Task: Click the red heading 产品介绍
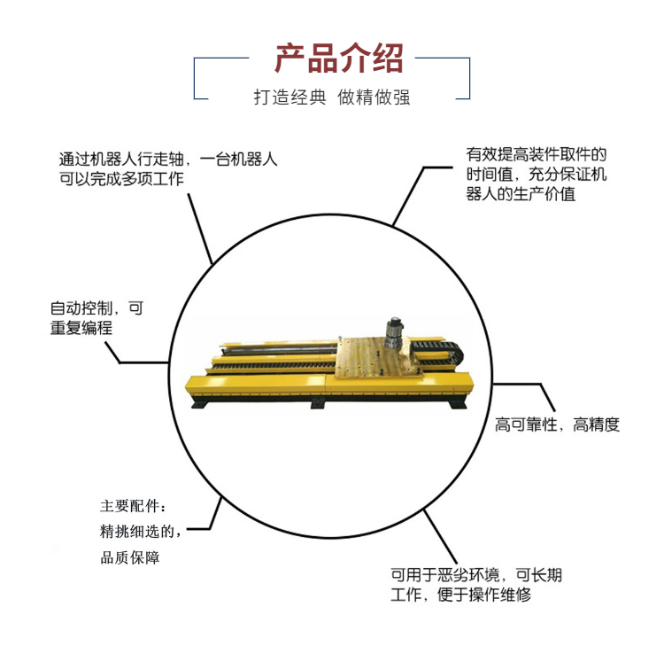tap(339, 58)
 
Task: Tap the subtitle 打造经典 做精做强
tap(332, 97)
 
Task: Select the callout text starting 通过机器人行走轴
tap(167, 169)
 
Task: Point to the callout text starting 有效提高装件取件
tap(537, 175)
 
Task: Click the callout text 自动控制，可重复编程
tap(97, 318)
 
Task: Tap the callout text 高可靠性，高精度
tap(557, 424)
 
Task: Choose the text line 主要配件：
tap(134, 506)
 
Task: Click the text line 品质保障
tap(130, 557)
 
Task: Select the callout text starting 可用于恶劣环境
tap(476, 585)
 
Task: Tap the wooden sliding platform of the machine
tap(377, 357)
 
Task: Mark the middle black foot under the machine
tap(318, 404)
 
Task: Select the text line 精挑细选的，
tap(141, 531)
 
